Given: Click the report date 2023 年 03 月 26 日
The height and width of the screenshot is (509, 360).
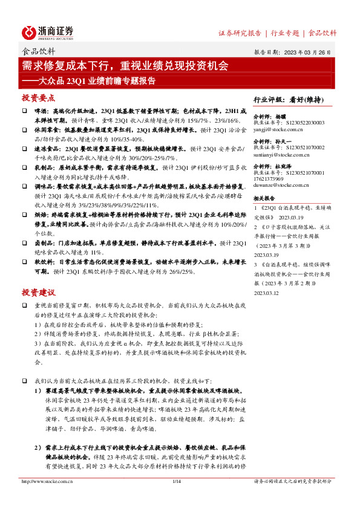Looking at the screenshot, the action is [309, 53].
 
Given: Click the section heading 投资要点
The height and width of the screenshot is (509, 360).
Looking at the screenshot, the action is [38, 98].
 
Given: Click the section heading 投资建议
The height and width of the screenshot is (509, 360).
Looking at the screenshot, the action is [38, 293].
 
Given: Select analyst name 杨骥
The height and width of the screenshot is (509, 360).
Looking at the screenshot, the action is [281, 115].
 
